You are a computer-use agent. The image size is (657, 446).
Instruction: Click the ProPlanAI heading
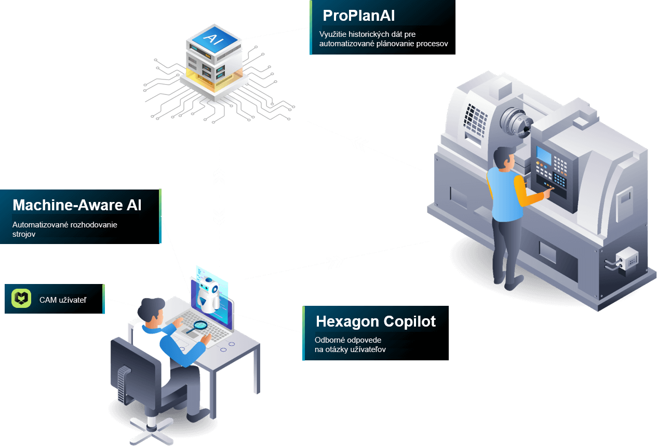point(359,16)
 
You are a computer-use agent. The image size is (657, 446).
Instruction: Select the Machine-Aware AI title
point(77,205)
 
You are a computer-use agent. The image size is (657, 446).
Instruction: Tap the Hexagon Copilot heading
point(376,321)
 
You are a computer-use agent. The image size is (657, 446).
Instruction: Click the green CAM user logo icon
point(21,299)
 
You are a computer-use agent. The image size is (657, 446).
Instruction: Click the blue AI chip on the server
point(213,39)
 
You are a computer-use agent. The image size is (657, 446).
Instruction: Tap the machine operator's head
point(503,157)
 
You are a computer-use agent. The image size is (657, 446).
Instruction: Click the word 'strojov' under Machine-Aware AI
point(23,234)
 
